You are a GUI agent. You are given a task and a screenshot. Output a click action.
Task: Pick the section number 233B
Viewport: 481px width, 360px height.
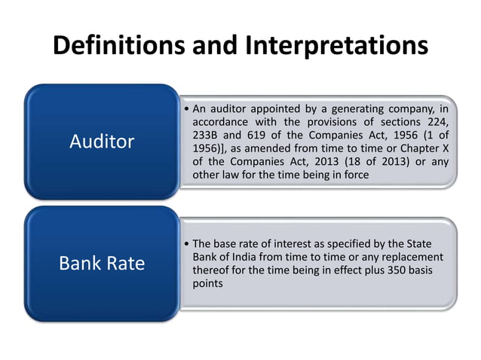(209, 135)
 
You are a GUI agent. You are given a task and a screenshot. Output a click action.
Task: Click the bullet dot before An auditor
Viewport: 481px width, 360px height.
(186, 107)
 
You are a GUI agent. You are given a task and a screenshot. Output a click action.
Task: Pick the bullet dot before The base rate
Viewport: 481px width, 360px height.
(186, 244)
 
